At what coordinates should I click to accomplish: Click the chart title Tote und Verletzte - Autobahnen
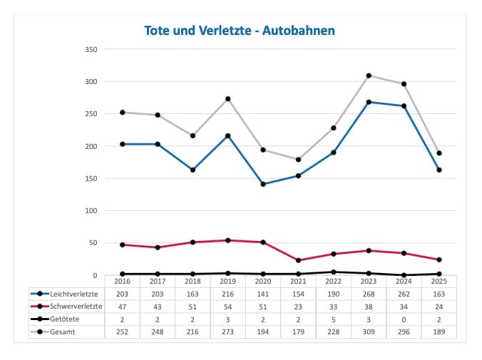pos(240,31)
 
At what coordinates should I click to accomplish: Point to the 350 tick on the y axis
pos(91,49)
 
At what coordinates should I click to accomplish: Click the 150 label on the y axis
pos(91,178)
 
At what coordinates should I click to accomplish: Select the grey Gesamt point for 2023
pos(369,76)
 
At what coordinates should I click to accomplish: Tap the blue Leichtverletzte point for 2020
pos(263,184)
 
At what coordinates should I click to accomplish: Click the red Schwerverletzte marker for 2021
pos(298,260)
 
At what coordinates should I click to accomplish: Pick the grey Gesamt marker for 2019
pos(228,99)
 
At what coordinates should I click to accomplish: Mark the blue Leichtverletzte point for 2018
pos(193,170)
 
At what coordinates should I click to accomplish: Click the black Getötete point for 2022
pos(334,272)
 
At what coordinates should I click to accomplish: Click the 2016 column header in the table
pos(123,281)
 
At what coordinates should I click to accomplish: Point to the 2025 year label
pos(439,281)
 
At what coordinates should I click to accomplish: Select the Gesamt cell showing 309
pos(369,331)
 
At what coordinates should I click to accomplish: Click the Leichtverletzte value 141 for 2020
pos(263,293)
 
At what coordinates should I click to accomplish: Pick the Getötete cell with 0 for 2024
pos(404,319)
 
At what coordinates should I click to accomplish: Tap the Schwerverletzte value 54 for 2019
pos(228,306)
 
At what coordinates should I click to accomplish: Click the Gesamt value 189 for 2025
pos(439,331)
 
